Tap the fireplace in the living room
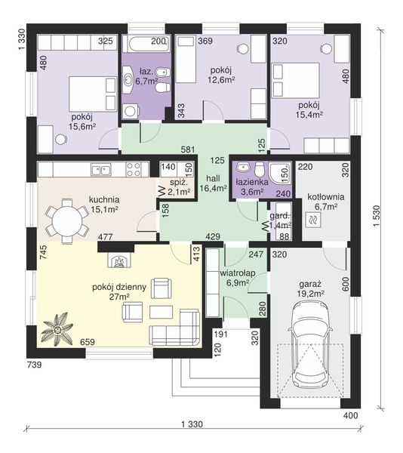pyautogui.click(x=120, y=260)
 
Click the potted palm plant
pyautogui.click(x=57, y=328)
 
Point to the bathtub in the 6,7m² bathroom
pyautogui.click(x=146, y=44)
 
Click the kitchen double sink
pyautogui.click(x=101, y=170)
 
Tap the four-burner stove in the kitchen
pyautogui.click(x=134, y=170)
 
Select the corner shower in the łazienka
pyautogui.click(x=279, y=174)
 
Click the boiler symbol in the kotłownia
pyautogui.click(x=313, y=220)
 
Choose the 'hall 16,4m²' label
pyautogui.click(x=214, y=183)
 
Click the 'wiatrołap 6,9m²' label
pyautogui.click(x=238, y=278)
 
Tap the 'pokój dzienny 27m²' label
pyautogui.click(x=119, y=291)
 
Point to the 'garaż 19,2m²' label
pyautogui.click(x=310, y=289)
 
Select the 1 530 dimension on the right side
pyautogui.click(x=377, y=216)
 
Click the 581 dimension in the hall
pyautogui.click(x=188, y=149)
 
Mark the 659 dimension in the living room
pyautogui.click(x=88, y=342)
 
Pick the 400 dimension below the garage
pyautogui.click(x=351, y=416)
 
